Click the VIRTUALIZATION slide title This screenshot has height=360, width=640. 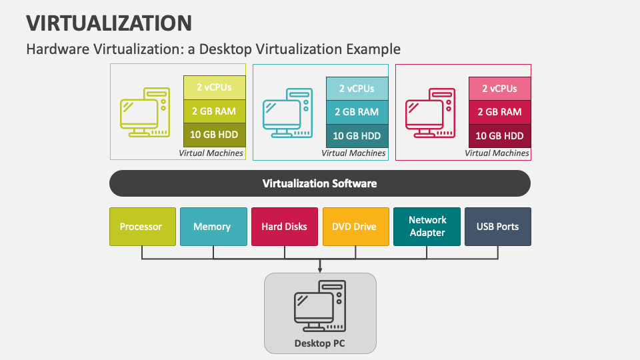(109, 23)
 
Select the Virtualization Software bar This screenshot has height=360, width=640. (319, 183)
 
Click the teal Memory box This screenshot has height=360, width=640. (212, 227)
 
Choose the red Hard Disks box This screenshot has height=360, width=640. (284, 227)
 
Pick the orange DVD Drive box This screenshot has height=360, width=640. (355, 227)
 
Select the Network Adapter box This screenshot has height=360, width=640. (427, 227)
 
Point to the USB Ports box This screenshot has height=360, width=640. (497, 227)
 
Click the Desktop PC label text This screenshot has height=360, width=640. (320, 344)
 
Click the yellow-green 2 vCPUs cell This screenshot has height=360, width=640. (213, 87)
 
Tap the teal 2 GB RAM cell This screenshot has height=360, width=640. (357, 112)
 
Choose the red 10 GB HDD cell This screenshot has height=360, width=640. (499, 136)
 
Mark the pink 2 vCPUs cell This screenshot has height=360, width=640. (499, 88)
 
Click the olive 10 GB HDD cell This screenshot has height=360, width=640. (213, 135)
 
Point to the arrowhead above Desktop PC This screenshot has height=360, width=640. (320, 270)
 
